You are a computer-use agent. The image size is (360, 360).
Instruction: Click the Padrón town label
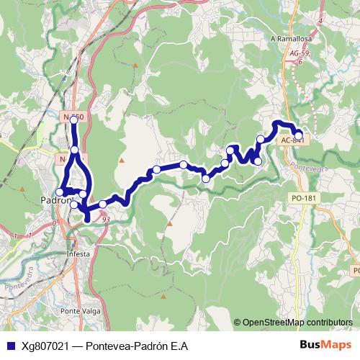56,201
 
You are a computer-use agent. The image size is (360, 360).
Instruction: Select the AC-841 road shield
291,141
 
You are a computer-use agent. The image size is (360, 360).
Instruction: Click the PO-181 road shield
303,197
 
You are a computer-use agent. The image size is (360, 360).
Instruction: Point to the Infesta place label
78,254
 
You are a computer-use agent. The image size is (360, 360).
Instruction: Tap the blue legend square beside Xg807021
7,346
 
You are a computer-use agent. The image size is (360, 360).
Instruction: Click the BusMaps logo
325,346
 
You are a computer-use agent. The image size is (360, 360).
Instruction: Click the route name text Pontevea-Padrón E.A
137,346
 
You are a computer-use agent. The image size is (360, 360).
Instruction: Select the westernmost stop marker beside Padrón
60,192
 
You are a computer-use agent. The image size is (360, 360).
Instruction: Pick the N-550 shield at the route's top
73,117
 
